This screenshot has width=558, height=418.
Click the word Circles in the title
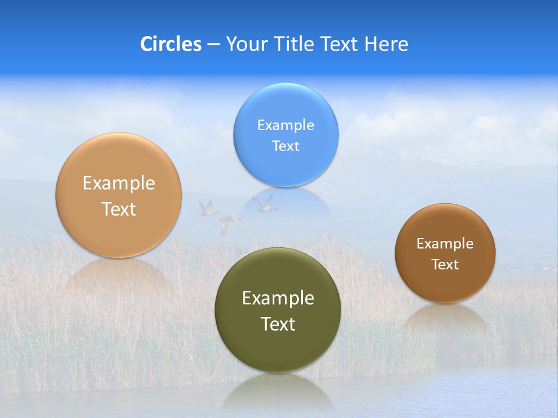pos(170,44)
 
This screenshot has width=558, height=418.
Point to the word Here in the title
pos(387,44)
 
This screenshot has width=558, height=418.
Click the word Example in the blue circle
pos(285,125)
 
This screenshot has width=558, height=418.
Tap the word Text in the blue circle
pos(285,146)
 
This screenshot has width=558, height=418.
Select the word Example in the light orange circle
pos(119,183)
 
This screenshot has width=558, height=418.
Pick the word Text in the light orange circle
pos(119,209)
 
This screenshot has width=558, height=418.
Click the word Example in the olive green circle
pos(278,298)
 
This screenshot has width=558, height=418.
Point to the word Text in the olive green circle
pos(278,324)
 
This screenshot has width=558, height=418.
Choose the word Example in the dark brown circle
pos(445,244)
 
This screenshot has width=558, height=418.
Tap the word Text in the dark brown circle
pos(445,265)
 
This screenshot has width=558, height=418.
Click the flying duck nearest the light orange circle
pos(207,208)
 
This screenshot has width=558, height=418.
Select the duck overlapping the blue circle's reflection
pos(264,204)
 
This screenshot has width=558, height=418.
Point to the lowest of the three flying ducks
pos(230,224)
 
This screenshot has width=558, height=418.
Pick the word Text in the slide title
pos(340,44)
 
